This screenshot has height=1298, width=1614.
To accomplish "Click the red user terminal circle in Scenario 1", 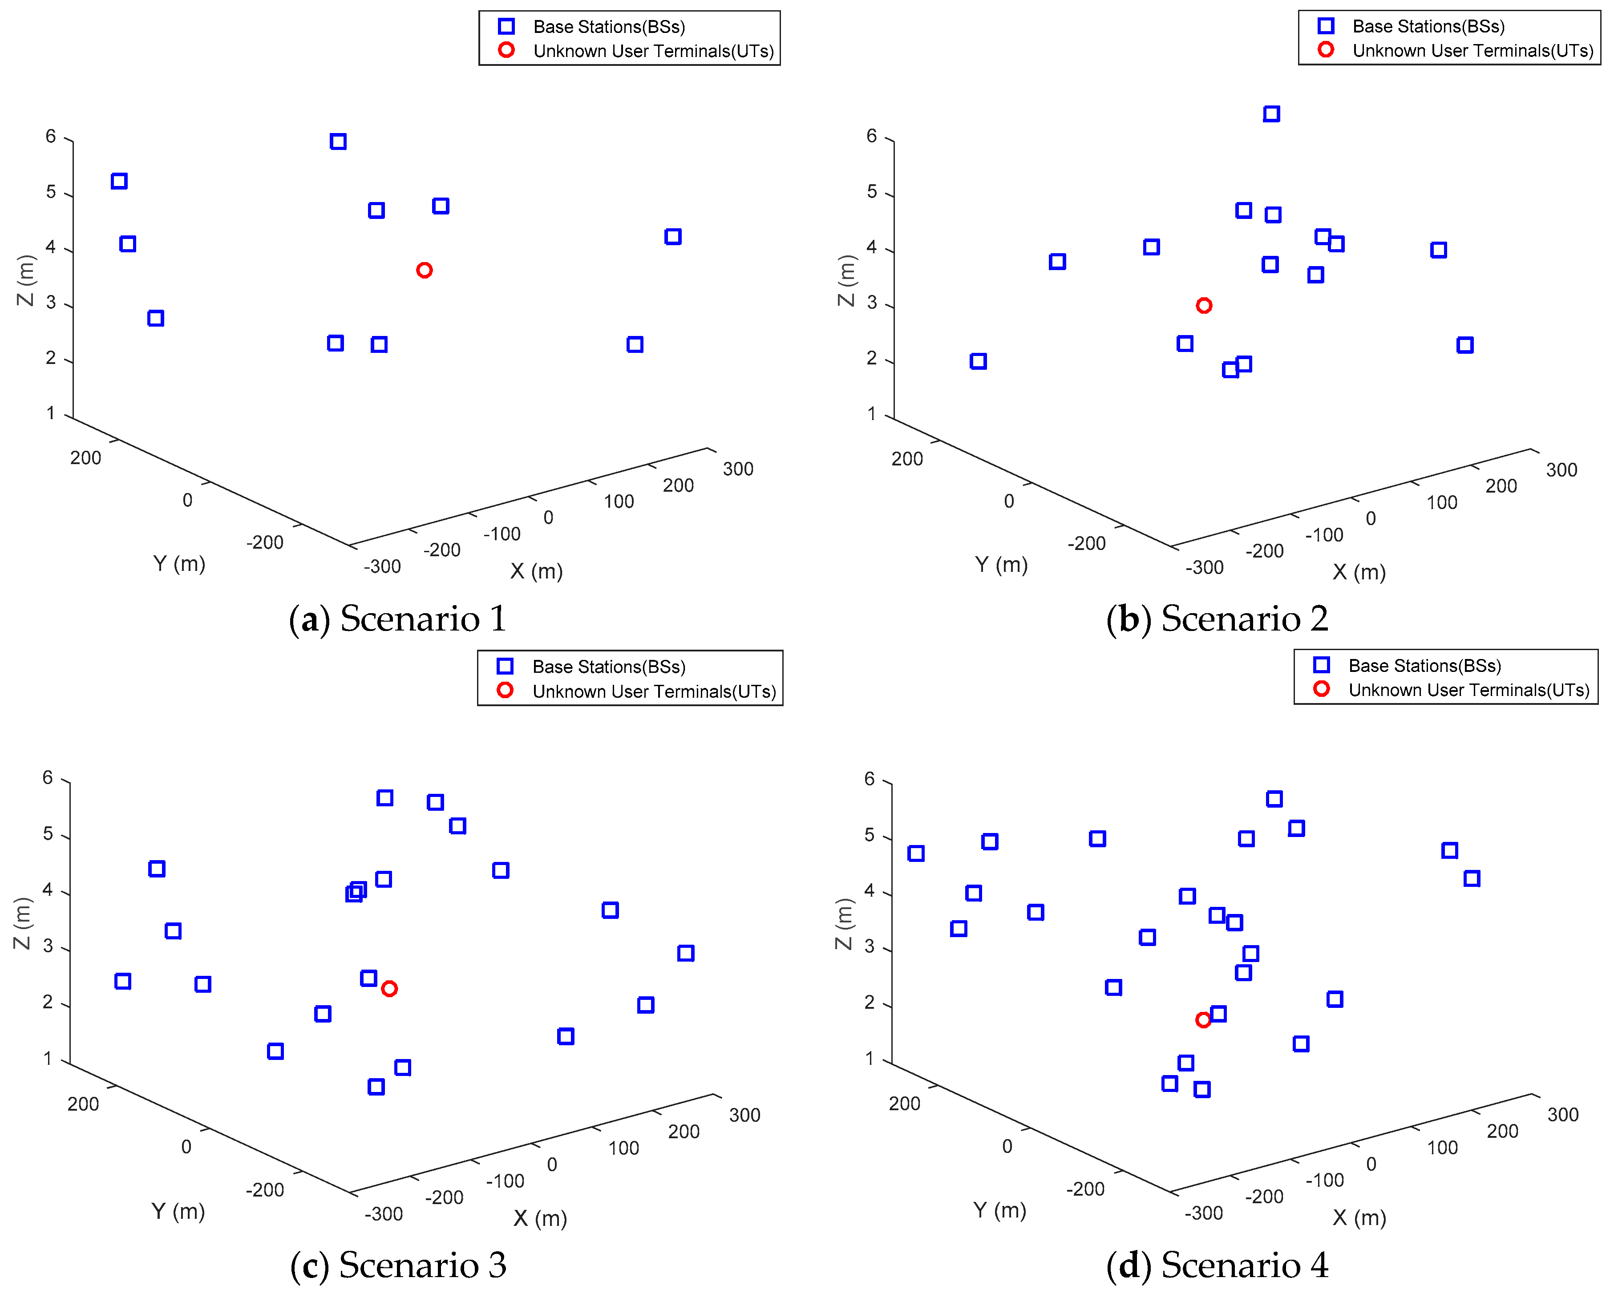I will tap(424, 270).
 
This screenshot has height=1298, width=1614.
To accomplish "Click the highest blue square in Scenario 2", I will tap(1271, 114).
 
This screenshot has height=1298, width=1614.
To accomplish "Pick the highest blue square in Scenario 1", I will tap(338, 142).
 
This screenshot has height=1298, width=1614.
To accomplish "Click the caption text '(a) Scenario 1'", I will tap(397, 619).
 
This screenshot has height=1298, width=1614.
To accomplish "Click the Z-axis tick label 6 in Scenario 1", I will tap(51, 136).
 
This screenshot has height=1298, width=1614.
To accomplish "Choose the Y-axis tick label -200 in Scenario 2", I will tap(1086, 543).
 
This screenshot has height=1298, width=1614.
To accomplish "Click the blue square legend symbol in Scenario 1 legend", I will tap(506, 27).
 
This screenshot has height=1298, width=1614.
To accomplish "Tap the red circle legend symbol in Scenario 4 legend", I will tap(1321, 689).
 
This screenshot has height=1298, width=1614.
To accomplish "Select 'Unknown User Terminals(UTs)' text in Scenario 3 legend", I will tap(654, 691).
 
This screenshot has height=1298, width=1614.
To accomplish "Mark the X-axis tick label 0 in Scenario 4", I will tap(1371, 1164).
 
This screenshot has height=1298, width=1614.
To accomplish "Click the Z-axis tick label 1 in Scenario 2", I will tap(871, 413).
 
